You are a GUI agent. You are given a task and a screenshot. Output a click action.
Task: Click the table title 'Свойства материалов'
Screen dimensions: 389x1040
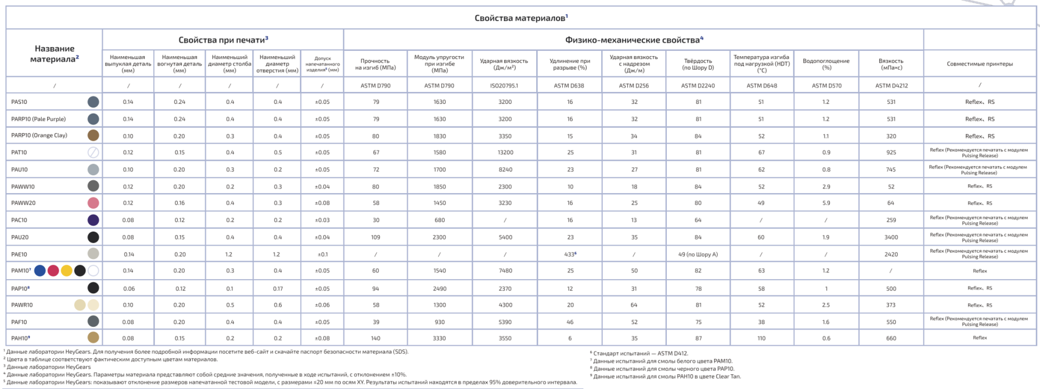(x=521, y=18)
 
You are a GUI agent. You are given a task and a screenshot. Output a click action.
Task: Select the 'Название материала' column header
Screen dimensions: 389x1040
(x=54, y=54)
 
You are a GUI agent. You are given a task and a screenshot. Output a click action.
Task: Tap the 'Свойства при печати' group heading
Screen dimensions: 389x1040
(x=223, y=39)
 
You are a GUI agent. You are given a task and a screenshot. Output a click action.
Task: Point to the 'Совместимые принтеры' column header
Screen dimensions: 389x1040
(x=979, y=64)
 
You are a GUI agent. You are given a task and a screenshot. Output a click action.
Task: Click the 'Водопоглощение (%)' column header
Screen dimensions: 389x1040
(x=826, y=64)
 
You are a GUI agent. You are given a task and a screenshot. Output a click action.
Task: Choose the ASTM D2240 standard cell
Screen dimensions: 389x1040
(x=698, y=85)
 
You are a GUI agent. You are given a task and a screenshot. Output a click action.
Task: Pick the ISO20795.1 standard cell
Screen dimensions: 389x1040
(x=504, y=85)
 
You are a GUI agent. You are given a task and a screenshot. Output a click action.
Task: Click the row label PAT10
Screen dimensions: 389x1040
(x=19, y=153)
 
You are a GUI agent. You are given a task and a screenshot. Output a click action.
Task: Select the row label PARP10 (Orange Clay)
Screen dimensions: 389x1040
(x=39, y=135)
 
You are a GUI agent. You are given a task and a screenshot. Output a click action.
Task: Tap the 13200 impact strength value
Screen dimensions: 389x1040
(x=505, y=153)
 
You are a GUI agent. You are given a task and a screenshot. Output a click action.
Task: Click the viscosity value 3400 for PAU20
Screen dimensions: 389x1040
(x=891, y=237)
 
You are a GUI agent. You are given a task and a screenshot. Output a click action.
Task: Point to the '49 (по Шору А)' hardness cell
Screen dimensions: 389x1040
(x=698, y=254)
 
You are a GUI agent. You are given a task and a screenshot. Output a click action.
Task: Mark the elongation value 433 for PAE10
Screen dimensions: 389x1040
(x=569, y=254)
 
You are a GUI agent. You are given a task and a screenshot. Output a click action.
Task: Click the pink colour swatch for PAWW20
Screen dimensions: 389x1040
(x=93, y=203)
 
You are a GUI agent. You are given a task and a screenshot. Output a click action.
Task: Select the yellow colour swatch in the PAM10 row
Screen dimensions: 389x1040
(x=67, y=271)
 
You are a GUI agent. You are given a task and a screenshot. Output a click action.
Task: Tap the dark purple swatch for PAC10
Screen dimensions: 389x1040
(x=93, y=220)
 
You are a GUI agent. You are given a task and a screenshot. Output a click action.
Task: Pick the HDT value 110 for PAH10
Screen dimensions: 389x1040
(x=761, y=338)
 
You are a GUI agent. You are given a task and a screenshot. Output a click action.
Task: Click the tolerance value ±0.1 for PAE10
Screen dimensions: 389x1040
(x=322, y=254)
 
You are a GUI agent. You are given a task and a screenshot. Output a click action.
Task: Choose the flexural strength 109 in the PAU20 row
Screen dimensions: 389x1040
(x=375, y=237)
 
